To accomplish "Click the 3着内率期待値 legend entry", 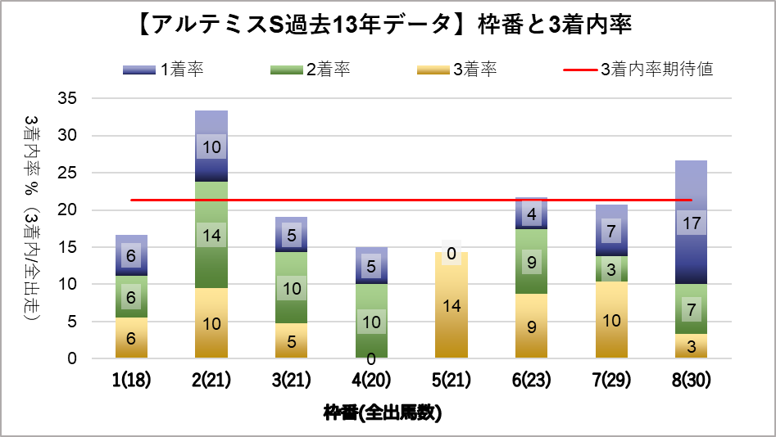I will coord(639,70).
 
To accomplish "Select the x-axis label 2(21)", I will coord(211,380).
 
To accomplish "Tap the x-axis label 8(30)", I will coord(692,380).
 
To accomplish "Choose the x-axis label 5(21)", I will coord(452,380).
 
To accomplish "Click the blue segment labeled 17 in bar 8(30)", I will coord(692,246).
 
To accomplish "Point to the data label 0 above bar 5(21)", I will coord(452,255).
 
